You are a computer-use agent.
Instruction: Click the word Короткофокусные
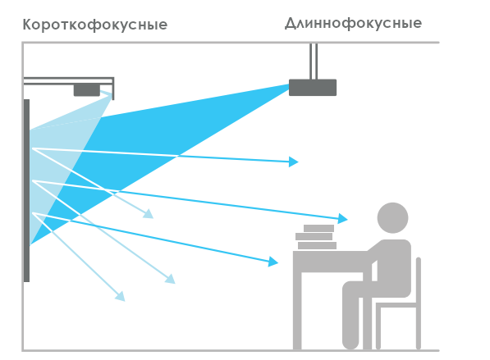point(95,25)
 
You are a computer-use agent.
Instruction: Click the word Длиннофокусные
point(354,24)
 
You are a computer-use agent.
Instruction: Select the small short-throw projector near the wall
point(87,90)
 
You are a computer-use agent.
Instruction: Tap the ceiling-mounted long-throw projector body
point(313,88)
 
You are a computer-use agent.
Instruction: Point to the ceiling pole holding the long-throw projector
point(314,62)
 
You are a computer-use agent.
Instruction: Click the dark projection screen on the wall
point(26,190)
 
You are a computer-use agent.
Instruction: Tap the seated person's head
point(392,217)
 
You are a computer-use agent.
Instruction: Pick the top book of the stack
point(318,228)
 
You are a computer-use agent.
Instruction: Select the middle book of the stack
point(314,237)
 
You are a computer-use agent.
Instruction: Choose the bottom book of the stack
point(317,245)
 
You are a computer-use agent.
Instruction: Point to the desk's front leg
point(297,309)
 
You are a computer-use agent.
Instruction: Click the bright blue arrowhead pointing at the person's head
point(343,218)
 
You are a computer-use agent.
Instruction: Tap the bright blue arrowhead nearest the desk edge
point(273,262)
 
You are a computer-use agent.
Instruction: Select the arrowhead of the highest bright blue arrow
point(294,162)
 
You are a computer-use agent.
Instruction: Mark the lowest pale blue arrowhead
point(121,296)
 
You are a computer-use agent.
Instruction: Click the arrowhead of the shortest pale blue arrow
point(149,214)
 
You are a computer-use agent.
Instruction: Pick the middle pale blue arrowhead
point(171,279)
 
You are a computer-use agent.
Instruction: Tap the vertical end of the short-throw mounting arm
point(112,89)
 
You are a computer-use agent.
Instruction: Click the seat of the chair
point(396,305)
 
